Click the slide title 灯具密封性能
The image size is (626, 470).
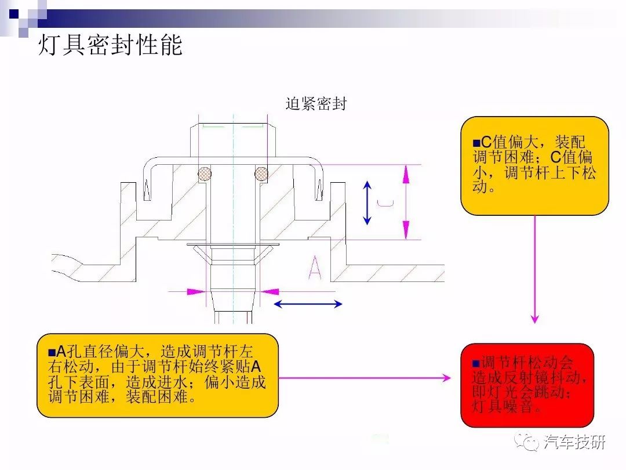[110, 45]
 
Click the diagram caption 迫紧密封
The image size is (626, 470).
[316, 104]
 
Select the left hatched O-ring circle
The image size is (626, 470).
[205, 173]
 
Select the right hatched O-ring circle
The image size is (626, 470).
[261, 173]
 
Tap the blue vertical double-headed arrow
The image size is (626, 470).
[367, 203]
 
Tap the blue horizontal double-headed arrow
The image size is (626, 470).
[308, 304]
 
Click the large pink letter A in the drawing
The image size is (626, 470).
[315, 267]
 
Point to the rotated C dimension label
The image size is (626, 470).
[385, 203]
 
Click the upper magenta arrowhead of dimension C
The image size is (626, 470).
[406, 174]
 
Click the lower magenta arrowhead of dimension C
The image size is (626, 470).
[406, 230]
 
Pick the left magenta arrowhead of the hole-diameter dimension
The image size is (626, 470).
[196, 292]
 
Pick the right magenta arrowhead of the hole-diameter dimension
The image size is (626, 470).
[270, 292]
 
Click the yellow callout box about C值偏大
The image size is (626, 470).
[534, 166]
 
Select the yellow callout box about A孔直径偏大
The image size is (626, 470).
[157, 375]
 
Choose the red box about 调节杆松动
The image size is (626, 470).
[527, 385]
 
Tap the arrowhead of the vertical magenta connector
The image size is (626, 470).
[534, 319]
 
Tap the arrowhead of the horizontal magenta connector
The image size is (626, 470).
[446, 378]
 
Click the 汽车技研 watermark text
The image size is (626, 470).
[574, 442]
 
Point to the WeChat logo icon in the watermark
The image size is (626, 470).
[526, 442]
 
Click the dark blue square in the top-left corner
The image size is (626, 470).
[14, 14]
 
